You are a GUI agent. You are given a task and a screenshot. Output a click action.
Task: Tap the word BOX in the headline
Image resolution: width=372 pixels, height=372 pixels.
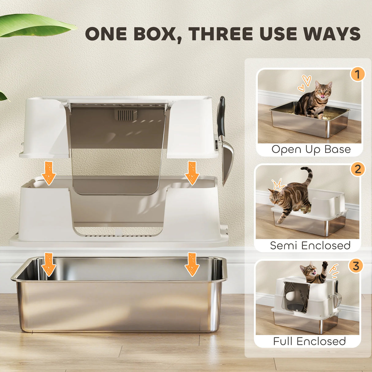point(155,34)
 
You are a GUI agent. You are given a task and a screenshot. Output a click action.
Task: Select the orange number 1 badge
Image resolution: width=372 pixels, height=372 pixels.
point(357,74)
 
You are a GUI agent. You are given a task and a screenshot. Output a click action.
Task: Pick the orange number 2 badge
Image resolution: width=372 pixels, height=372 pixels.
point(358,169)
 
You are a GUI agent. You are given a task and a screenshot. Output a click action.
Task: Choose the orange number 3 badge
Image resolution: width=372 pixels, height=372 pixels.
point(356,266)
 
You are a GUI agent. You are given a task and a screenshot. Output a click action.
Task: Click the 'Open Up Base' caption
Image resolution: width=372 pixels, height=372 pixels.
point(311,149)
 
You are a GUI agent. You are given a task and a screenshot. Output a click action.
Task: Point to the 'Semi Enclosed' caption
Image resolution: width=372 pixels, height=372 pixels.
point(310,245)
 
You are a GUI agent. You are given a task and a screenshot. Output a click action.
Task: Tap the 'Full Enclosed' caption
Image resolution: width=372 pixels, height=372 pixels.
point(309,341)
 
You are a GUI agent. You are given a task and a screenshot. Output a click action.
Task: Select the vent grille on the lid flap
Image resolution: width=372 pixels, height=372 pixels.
point(126,115)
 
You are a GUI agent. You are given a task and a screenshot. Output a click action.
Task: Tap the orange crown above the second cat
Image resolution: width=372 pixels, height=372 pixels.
point(279,185)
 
